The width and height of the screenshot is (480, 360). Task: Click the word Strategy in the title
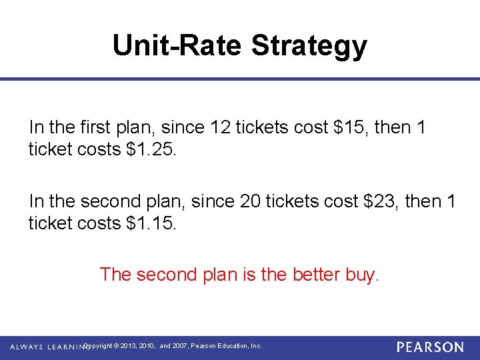tap(309, 45)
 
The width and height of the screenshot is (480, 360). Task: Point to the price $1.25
tap(151, 149)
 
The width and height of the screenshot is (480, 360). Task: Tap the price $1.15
tap(151, 223)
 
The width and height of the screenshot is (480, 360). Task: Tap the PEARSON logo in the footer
tap(429, 347)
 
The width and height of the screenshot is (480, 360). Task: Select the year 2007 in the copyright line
tap(180, 346)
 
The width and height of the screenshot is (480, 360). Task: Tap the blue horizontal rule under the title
tap(240, 79)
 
